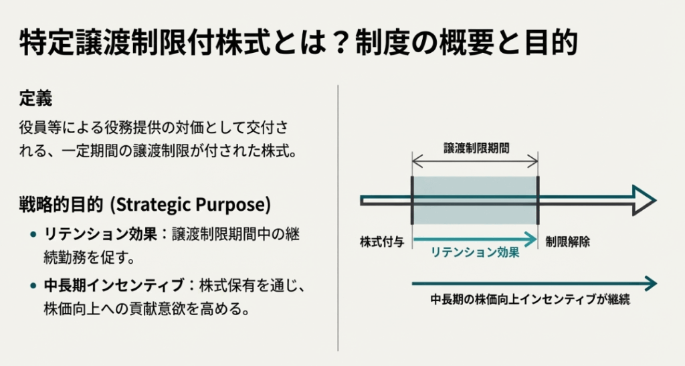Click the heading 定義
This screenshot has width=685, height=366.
click(36, 99)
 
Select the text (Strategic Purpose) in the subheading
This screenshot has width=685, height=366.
click(191, 204)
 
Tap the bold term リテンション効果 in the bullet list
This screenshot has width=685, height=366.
click(100, 234)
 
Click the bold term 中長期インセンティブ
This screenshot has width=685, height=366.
click(114, 285)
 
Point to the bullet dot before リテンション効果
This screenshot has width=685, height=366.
click(33, 235)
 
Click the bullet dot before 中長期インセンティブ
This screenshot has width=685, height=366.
click(33, 286)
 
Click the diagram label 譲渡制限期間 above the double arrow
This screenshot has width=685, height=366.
click(476, 148)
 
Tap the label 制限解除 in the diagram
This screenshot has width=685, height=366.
click(567, 242)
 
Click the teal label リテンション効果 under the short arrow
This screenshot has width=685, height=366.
click(475, 252)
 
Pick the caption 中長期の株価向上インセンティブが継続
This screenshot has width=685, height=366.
click(530, 299)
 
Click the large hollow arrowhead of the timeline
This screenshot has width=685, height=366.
click(643, 201)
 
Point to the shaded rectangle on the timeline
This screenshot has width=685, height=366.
click(475, 201)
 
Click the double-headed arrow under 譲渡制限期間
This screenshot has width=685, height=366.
click(475, 162)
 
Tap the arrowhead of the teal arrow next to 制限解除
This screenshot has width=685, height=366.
click(532, 240)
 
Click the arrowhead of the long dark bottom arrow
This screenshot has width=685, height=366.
click(652, 284)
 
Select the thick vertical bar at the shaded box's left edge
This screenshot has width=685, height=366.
click(412, 201)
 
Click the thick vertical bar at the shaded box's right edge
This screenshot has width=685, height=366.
click(538, 201)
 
